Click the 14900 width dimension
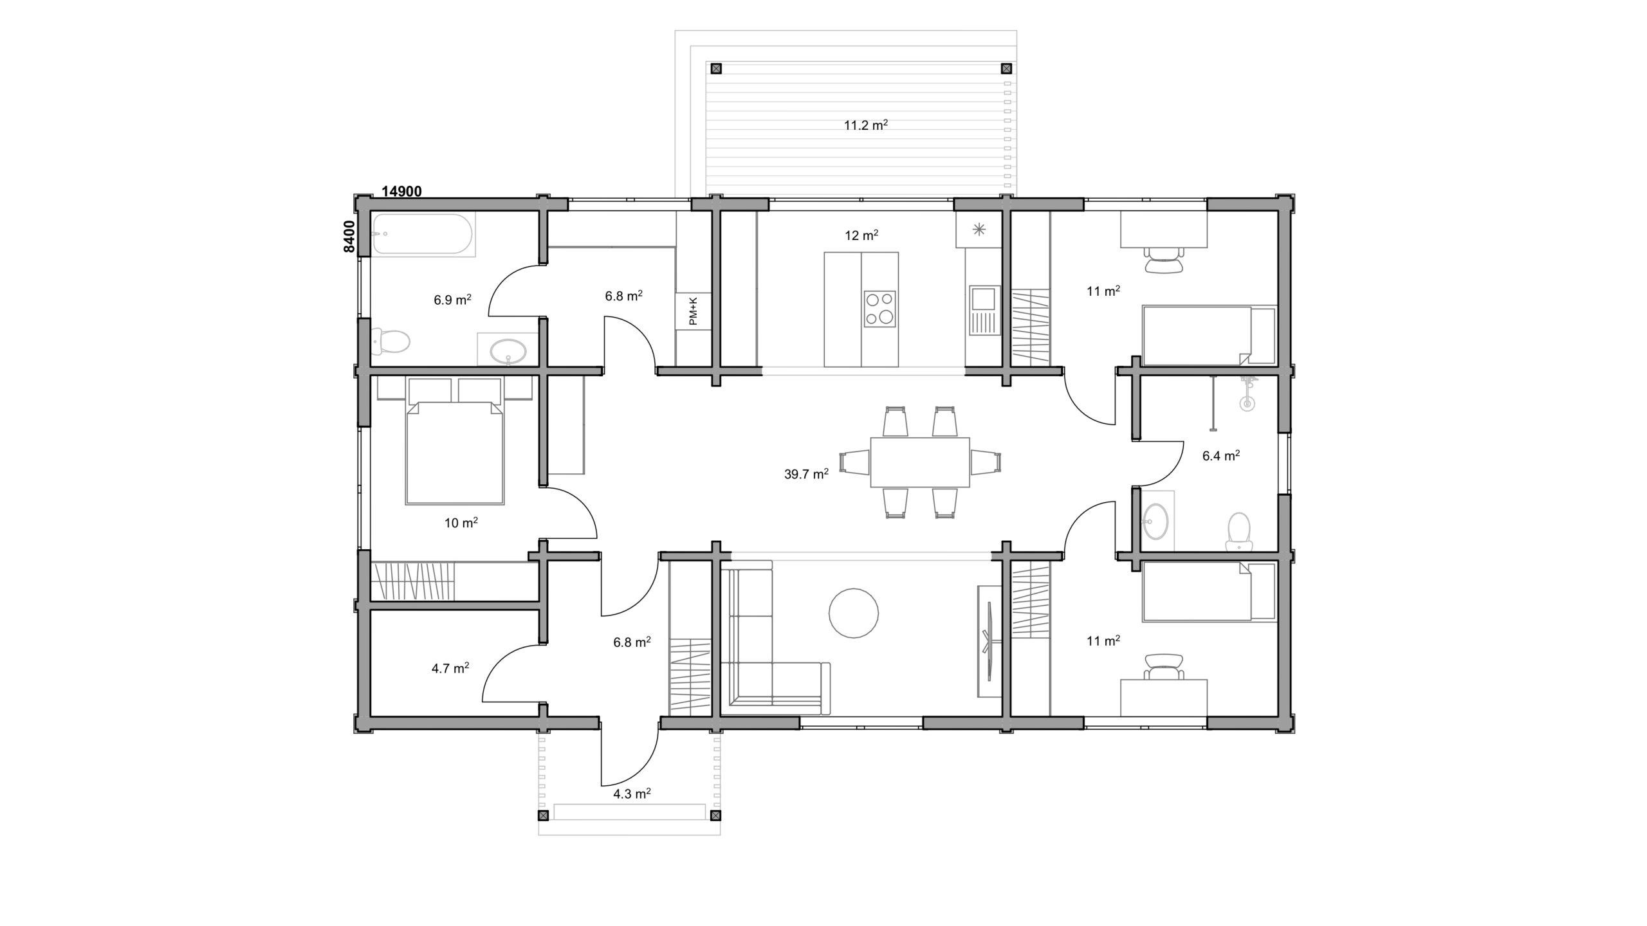[402, 191]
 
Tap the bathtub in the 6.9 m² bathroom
[425, 235]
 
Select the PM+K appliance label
[693, 311]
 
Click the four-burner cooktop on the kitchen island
[879, 309]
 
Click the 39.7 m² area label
[806, 474]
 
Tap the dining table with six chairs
[920, 462]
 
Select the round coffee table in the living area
[853, 613]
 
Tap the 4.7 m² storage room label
[450, 668]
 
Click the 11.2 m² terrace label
[866, 125]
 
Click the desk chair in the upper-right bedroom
[1164, 261]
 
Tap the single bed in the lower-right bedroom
[1209, 592]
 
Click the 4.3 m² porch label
[632, 794]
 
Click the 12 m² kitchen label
[861, 235]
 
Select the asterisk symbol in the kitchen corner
[979, 230]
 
